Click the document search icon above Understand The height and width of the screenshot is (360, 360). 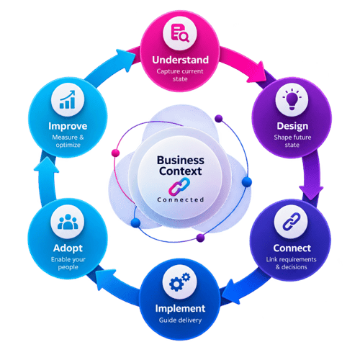[x=180, y=33]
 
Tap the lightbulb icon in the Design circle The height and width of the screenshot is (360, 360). [x=292, y=99]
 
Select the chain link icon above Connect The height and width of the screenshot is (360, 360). [x=292, y=221]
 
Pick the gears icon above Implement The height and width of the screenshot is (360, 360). [x=180, y=282]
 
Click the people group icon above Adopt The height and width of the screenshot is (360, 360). [x=68, y=222]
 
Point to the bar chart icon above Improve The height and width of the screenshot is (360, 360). [x=68, y=99]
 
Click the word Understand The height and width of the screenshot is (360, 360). [x=180, y=60]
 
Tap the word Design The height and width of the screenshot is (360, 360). [x=292, y=126]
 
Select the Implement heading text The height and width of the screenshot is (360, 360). [x=180, y=309]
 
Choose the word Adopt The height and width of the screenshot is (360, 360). [x=68, y=248]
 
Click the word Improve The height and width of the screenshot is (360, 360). [x=68, y=126]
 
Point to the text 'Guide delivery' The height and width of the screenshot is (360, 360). [x=180, y=320]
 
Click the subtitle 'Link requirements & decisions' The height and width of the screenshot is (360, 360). [x=291, y=263]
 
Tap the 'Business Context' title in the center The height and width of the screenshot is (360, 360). [x=181, y=166]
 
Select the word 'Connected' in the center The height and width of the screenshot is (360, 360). [x=181, y=199]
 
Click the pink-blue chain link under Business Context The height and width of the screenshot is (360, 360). [x=179, y=186]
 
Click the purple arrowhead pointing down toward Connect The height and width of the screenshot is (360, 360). [x=311, y=192]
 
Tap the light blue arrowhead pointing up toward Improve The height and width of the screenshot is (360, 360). [x=46, y=165]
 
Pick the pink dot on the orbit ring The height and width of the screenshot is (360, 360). [x=115, y=153]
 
